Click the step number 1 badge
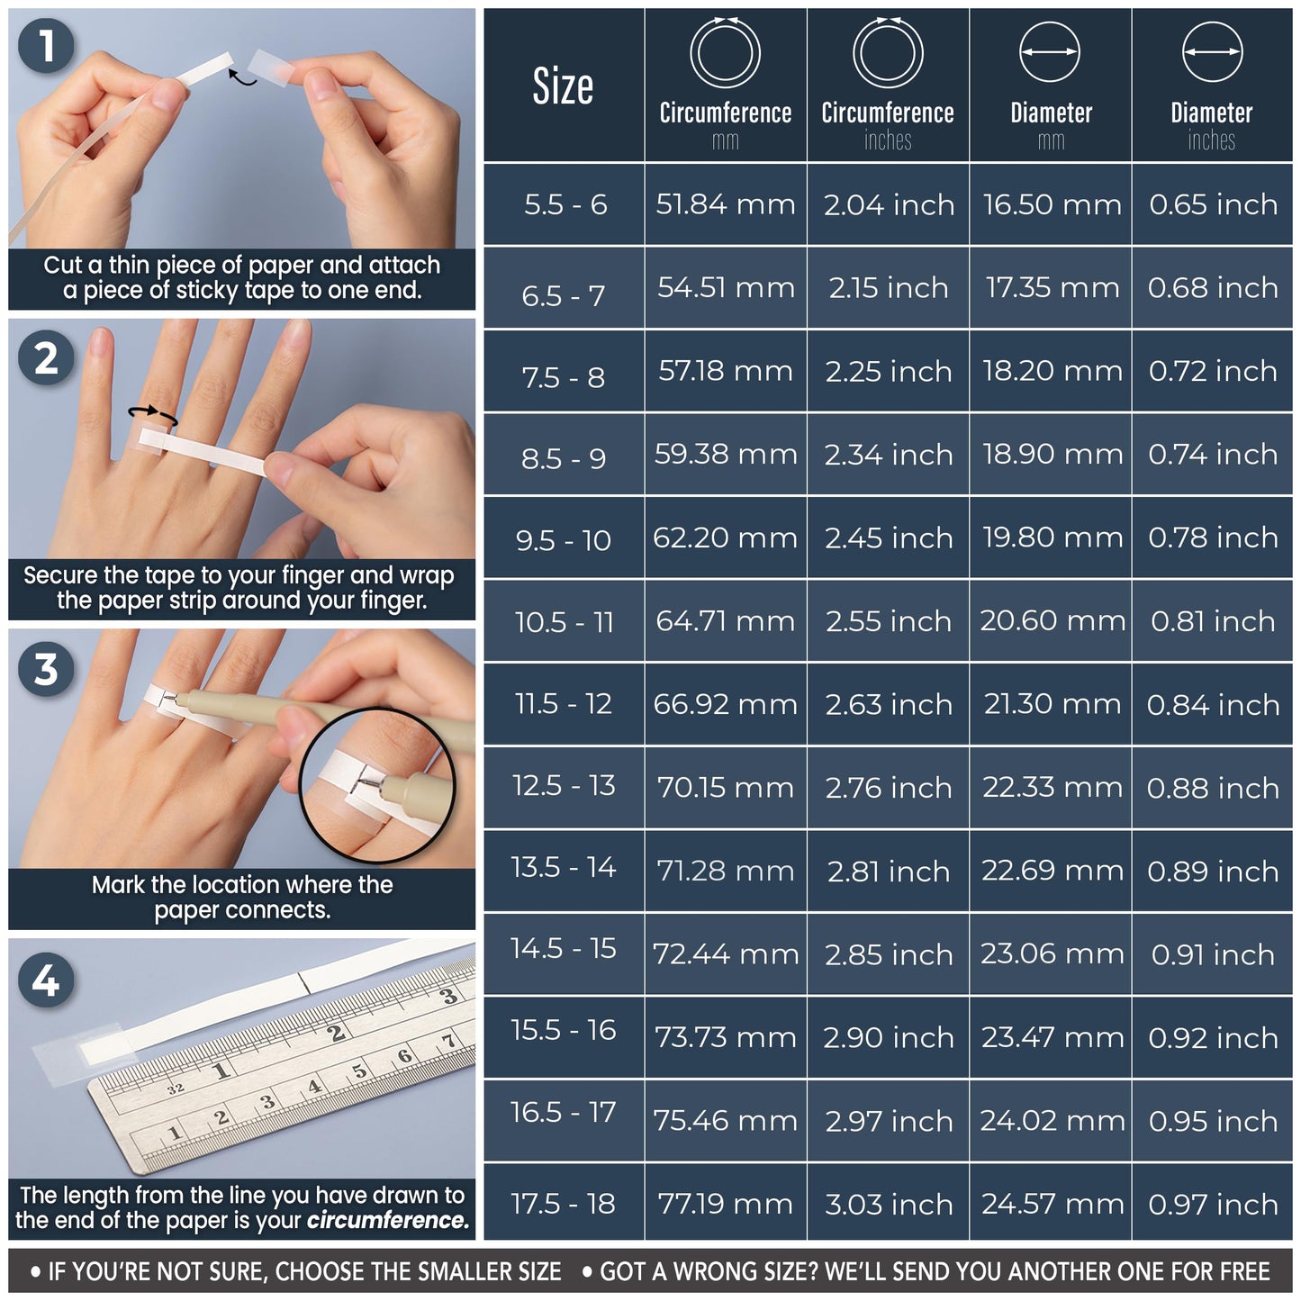click(46, 46)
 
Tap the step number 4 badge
click(46, 980)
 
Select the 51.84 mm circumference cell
click(726, 204)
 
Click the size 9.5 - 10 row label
click(564, 540)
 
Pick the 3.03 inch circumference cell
click(889, 1204)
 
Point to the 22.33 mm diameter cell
click(1052, 788)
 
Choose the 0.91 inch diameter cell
click(1213, 954)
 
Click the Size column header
click(564, 86)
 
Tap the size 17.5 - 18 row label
click(564, 1203)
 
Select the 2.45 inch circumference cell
click(889, 538)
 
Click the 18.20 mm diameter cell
click(1052, 371)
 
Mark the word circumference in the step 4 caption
click(388, 1221)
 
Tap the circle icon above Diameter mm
click(1050, 52)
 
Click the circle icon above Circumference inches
click(888, 52)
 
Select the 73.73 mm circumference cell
click(726, 1037)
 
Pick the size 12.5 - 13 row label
click(564, 785)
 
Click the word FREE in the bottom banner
click(1244, 1271)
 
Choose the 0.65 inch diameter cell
click(1213, 204)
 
